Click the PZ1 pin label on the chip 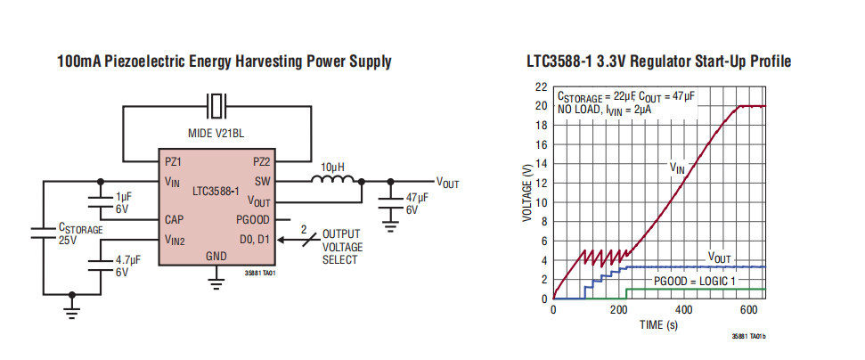[174, 162]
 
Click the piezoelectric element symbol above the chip [217, 106]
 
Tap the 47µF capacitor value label [417, 198]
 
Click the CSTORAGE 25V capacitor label [80, 234]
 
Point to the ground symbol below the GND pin [216, 284]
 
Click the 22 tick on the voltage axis [541, 87]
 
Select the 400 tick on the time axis [684, 310]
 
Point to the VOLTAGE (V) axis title [528, 192]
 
